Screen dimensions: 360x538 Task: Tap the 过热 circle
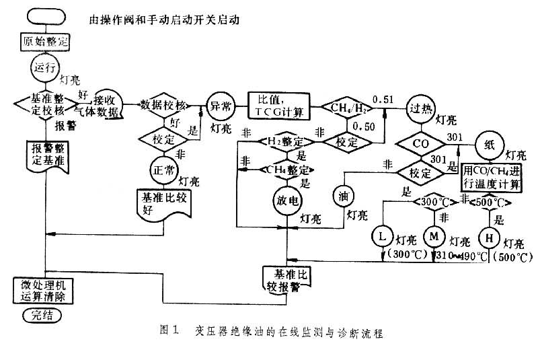(420, 109)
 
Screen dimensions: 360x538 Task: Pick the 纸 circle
(490, 144)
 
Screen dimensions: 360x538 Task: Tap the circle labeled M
(434, 236)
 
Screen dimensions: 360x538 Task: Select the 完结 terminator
(42, 314)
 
